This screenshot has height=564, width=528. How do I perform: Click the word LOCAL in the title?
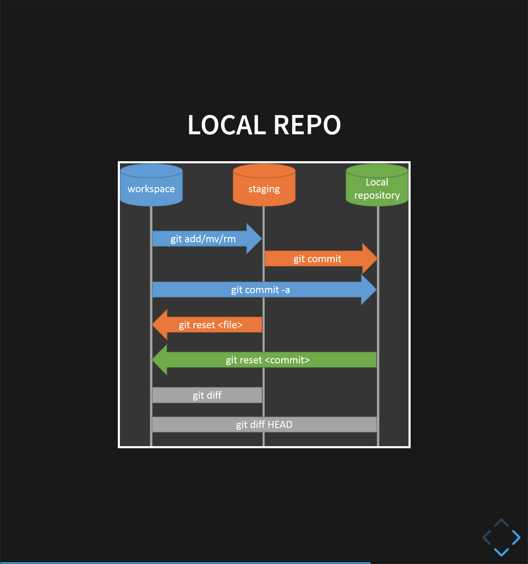226,125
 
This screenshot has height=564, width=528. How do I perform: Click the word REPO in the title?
308,125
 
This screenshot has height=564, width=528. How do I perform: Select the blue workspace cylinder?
151,185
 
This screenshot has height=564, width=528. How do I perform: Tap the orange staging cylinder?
264,185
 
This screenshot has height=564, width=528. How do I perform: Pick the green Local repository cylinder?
377,185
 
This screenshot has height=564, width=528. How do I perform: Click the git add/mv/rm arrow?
203,239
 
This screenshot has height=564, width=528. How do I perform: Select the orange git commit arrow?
317,259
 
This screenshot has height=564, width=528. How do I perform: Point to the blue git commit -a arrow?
260,290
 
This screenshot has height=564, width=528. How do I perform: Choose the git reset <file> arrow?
211,325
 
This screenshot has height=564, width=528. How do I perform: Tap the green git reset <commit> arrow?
268,360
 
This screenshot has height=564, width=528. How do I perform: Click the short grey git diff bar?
207,395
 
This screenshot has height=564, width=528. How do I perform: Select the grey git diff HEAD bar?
264,425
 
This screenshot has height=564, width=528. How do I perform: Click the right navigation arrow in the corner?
516,537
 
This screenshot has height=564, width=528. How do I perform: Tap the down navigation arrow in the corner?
501,551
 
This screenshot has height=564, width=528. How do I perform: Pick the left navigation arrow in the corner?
487,537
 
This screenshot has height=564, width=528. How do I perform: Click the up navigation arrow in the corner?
501,523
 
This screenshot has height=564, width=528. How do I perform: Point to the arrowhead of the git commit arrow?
370,259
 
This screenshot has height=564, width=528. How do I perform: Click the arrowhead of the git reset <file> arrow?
160,325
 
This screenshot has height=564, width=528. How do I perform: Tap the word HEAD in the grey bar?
280,425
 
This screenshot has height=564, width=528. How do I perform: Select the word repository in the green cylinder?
377,195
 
